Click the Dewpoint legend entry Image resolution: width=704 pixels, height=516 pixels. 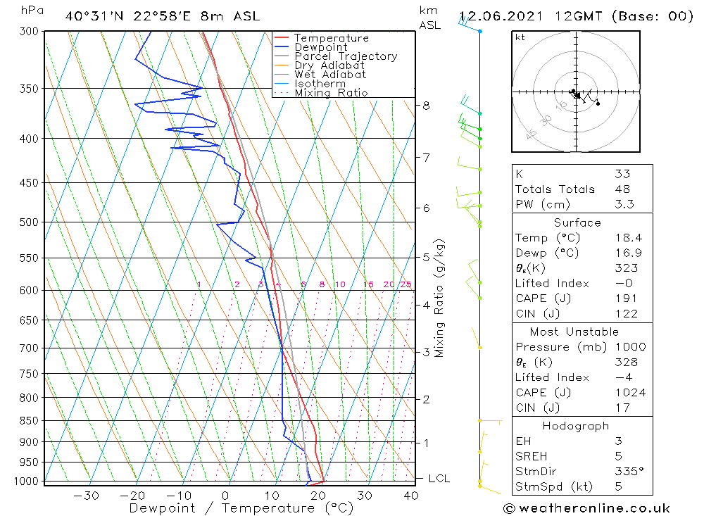coord(320,47)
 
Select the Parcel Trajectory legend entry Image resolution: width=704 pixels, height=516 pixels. coord(346,56)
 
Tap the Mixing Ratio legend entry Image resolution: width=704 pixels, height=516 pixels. coord(331,93)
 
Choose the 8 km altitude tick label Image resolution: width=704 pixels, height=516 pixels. coord(426,106)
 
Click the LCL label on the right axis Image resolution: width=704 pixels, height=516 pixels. coord(439,479)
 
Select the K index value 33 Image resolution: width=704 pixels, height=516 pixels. coord(622,174)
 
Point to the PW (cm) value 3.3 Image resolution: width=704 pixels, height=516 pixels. coord(624,204)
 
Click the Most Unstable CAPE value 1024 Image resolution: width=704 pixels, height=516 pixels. coord(630,393)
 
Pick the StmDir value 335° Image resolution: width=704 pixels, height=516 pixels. coord(629,472)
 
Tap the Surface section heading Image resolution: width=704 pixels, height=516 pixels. coord(577,222)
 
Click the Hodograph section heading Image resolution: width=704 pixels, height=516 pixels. coord(577,426)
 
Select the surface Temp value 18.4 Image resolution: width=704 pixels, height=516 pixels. coord(628,238)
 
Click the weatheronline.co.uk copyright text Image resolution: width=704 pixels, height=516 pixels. coord(586,508)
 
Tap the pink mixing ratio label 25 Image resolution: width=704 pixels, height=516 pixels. coord(406,284)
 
